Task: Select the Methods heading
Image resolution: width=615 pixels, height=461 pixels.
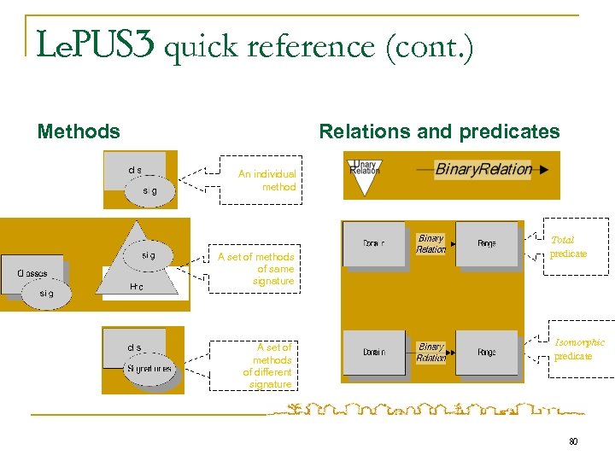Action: click(79, 131)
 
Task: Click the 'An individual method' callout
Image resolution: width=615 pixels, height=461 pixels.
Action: click(266, 180)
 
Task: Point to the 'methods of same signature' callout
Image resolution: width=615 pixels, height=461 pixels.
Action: click(256, 268)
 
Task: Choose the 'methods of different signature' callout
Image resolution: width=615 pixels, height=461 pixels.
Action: click(267, 365)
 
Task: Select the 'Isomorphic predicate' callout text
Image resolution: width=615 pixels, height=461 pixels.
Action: click(578, 348)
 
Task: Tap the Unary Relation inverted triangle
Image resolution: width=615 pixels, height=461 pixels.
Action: click(365, 177)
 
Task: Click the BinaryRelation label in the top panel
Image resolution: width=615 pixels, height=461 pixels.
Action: click(483, 169)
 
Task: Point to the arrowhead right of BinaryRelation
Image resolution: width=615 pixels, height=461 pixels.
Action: click(544, 170)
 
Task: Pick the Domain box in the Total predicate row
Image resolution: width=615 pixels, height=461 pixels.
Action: click(373, 244)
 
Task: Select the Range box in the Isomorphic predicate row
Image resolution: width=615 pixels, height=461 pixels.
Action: click(486, 352)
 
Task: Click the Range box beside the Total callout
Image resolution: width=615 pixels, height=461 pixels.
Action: click(486, 244)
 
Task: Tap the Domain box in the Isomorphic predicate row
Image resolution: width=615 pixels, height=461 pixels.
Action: click(373, 352)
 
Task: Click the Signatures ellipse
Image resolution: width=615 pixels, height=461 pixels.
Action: click(149, 370)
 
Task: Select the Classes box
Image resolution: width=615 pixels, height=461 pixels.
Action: click(32, 274)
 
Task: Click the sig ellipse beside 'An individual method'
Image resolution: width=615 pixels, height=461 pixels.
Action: click(149, 191)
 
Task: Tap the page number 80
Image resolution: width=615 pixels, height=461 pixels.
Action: click(573, 441)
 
